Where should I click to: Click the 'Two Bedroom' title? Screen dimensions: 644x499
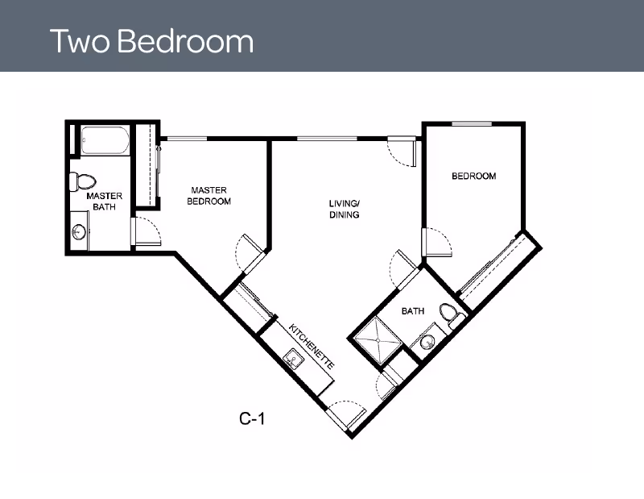click(x=151, y=41)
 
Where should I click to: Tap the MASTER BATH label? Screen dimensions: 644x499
click(x=105, y=202)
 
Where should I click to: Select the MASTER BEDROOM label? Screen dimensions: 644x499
click(x=208, y=196)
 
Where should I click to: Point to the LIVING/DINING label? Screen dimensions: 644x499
click(x=345, y=209)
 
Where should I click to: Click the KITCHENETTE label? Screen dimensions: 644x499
click(x=312, y=346)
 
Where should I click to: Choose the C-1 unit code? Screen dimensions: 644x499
click(x=252, y=418)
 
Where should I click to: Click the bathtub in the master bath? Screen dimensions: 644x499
click(x=105, y=140)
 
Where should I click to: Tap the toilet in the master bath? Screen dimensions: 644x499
click(x=83, y=181)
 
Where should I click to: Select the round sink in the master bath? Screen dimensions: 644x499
click(x=78, y=231)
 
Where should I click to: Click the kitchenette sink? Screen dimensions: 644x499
click(x=294, y=359)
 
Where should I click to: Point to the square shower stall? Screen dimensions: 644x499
click(x=378, y=340)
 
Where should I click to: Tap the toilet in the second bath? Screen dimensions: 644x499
click(x=452, y=315)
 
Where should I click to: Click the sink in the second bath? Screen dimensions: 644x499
click(x=428, y=342)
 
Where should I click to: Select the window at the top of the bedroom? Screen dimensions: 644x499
click(x=472, y=123)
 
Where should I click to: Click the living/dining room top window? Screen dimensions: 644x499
click(x=327, y=138)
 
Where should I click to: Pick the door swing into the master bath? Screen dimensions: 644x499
click(x=147, y=231)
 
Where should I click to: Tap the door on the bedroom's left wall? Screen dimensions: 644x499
click(x=437, y=243)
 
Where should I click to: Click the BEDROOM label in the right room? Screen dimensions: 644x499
click(x=473, y=176)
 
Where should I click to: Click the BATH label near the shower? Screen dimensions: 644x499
click(x=413, y=311)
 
